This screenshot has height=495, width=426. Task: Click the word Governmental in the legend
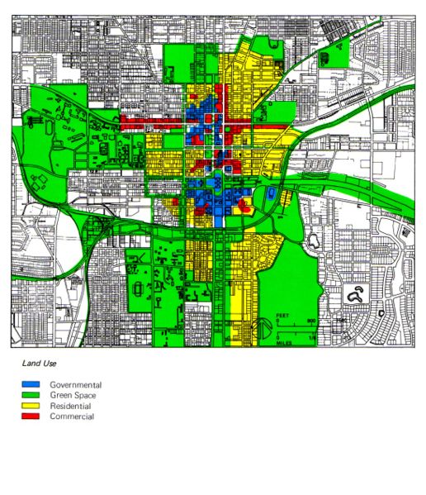pos(75,385)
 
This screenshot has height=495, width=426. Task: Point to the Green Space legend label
pos(73,396)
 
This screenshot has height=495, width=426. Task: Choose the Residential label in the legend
pos(71,407)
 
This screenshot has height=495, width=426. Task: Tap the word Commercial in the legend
pos(72,416)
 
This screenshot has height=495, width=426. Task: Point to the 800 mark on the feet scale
pos(311,321)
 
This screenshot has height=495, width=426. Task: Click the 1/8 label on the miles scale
pos(312,336)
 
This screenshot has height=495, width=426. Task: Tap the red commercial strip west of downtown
pos(152,124)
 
